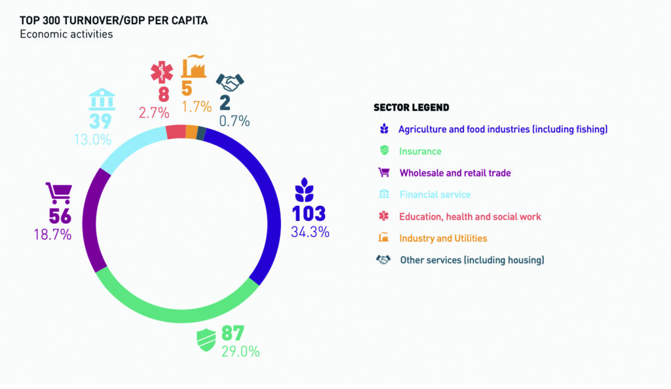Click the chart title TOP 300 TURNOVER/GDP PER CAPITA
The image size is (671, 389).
[113, 20]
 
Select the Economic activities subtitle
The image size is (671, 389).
[66, 34]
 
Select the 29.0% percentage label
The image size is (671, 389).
[240, 351]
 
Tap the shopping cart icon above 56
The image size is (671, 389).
[58, 194]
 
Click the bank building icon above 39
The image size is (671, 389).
[102, 100]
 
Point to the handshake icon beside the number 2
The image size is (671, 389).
[230, 83]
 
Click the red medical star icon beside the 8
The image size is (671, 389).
[160, 72]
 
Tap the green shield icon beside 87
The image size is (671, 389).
[206, 340]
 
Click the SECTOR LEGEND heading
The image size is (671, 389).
[411, 107]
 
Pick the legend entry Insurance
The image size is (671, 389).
[420, 152]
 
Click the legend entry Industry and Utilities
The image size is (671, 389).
[443, 238]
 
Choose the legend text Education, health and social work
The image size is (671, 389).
[470, 216]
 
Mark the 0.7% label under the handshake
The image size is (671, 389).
[233, 121]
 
